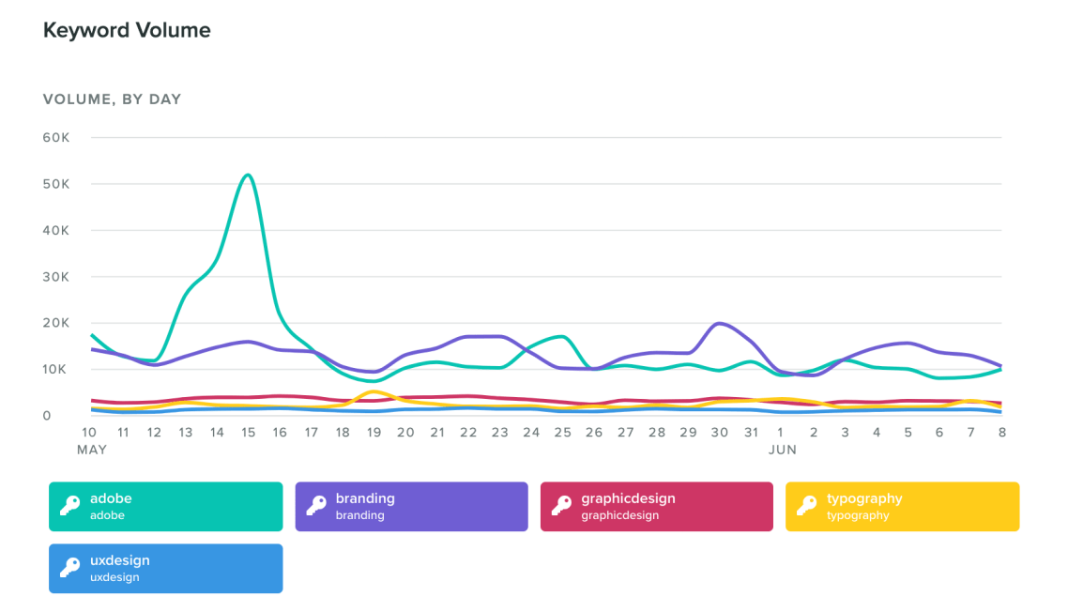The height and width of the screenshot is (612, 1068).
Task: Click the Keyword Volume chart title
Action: [x=127, y=31]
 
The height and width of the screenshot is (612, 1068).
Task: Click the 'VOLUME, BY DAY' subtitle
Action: [x=113, y=99]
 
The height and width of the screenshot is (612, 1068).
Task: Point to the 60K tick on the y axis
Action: [x=57, y=138]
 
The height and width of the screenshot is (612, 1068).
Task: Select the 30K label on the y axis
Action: [x=57, y=277]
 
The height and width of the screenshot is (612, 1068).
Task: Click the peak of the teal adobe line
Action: [x=248, y=175]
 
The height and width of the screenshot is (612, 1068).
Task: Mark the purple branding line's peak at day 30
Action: [x=719, y=324]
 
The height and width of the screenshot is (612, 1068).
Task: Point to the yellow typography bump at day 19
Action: [x=374, y=391]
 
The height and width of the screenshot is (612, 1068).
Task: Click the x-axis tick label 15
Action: [x=248, y=433]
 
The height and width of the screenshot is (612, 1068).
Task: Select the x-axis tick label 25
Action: [x=562, y=433]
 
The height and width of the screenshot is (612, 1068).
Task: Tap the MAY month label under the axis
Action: [x=92, y=451]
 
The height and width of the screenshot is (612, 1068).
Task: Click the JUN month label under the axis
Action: [x=782, y=451]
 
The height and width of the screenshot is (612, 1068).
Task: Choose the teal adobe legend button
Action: [x=165, y=507]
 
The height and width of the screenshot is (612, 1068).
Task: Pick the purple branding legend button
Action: [x=411, y=507]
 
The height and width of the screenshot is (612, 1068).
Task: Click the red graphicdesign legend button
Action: [x=656, y=507]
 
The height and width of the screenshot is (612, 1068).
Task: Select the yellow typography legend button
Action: [x=902, y=507]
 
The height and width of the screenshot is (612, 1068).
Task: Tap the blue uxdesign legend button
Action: [x=165, y=569]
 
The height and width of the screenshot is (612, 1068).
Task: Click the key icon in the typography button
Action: [x=806, y=506]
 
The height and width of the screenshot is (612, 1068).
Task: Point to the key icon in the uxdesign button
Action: [x=69, y=568]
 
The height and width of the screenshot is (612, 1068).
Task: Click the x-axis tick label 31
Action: [x=750, y=433]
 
